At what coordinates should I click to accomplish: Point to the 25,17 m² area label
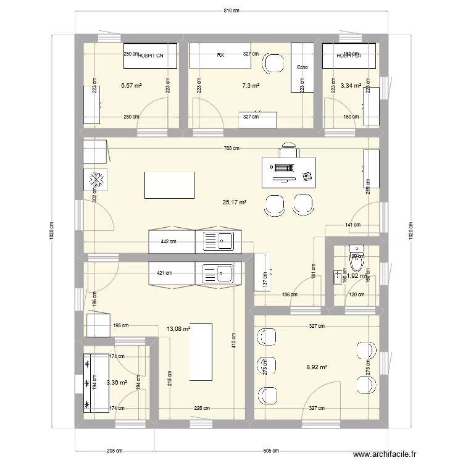point(235,202)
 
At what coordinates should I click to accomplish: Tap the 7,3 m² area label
point(250,85)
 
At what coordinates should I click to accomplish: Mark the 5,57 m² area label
point(131,85)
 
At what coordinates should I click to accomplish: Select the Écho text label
point(302,68)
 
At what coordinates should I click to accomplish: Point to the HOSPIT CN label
point(151,56)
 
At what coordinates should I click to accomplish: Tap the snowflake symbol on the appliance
point(96,180)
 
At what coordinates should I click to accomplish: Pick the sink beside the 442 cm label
point(219,241)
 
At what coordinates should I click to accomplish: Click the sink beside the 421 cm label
point(219,272)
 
